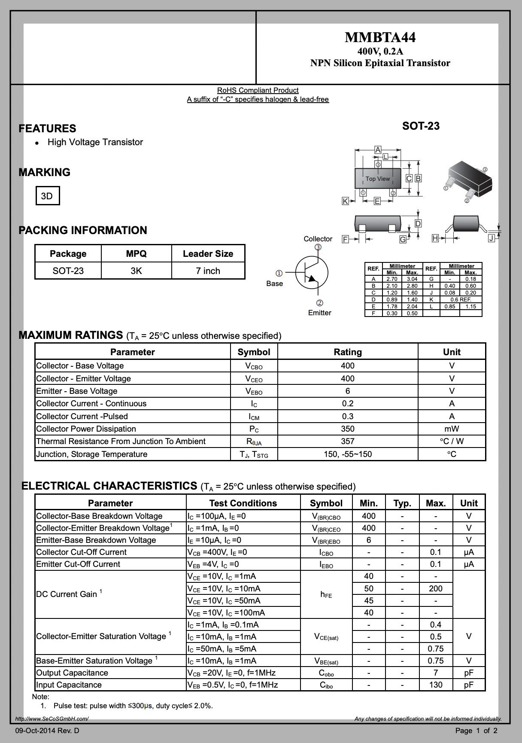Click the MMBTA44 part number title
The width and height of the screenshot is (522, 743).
(x=380, y=38)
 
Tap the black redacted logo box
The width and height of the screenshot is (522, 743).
(x=137, y=52)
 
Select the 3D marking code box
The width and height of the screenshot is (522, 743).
(x=47, y=196)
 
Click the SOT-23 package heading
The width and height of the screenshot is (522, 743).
(x=421, y=126)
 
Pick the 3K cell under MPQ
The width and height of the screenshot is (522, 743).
(x=136, y=271)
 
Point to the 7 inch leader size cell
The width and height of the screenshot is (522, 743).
(x=208, y=271)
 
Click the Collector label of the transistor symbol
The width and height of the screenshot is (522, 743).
(x=318, y=239)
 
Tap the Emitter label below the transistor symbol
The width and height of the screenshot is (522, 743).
(x=319, y=313)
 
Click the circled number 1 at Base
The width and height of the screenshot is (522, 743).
(x=279, y=273)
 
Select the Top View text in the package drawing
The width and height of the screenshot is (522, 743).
(x=378, y=179)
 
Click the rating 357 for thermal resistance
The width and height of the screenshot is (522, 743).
(x=347, y=441)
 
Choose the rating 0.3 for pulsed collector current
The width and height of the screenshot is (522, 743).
(x=347, y=416)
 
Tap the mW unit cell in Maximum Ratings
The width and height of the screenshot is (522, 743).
(x=452, y=429)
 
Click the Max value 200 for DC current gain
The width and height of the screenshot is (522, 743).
(x=435, y=588)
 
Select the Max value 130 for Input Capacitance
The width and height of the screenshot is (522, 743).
(x=435, y=685)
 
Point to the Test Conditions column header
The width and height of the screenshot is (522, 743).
(x=243, y=503)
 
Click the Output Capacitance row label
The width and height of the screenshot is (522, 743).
(x=72, y=673)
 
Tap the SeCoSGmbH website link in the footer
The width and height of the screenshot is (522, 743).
(x=52, y=719)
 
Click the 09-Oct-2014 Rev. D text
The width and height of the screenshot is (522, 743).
(x=47, y=731)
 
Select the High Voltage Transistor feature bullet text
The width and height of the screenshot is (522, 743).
(x=95, y=142)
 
